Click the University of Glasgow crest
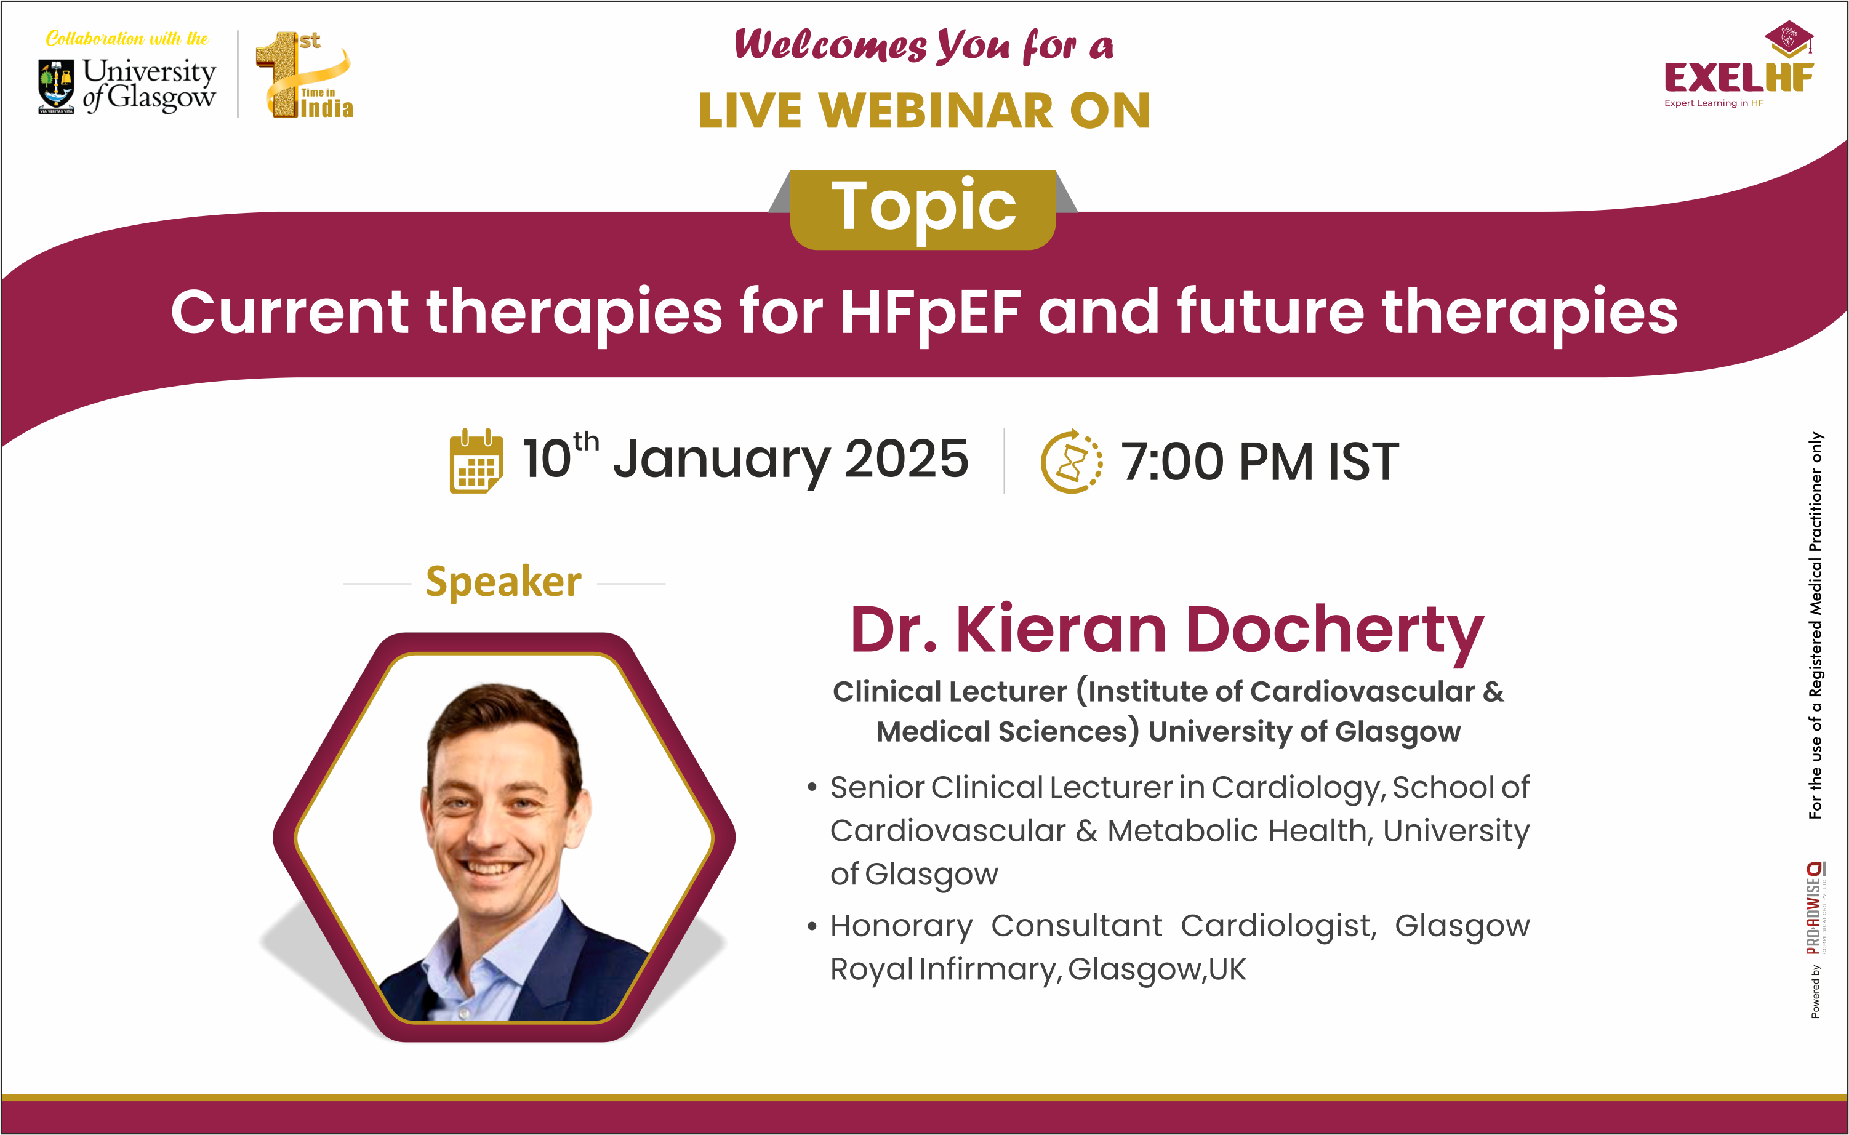point(56,86)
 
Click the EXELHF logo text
point(1739,78)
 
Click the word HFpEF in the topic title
point(930,312)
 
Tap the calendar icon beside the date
point(476,460)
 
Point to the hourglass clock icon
point(1071,461)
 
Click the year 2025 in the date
point(906,459)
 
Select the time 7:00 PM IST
point(1260,461)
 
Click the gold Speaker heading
point(503,582)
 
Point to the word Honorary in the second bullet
point(901,926)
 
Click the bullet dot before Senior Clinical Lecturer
point(811,787)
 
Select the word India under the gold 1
point(327,108)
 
